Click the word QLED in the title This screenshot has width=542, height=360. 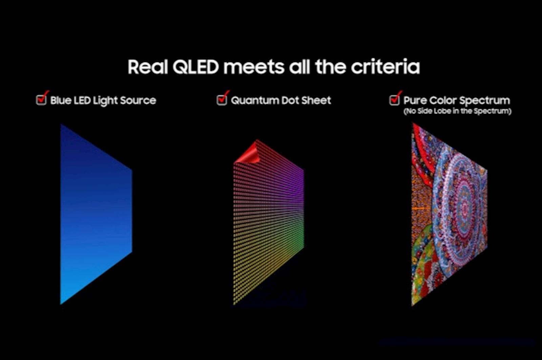point(195,67)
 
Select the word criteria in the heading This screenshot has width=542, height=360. point(385,67)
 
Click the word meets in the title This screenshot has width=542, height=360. point(254,67)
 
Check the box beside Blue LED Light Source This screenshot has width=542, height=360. point(41,100)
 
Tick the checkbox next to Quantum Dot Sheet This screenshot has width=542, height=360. point(222,100)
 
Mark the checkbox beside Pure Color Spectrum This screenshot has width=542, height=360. point(395,100)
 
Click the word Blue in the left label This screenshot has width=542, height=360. point(61,100)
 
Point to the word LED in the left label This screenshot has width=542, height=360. point(82,100)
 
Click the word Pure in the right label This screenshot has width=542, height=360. point(415,100)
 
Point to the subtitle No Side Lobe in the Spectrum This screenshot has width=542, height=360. point(457,111)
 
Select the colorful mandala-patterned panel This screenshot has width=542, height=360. point(449,214)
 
